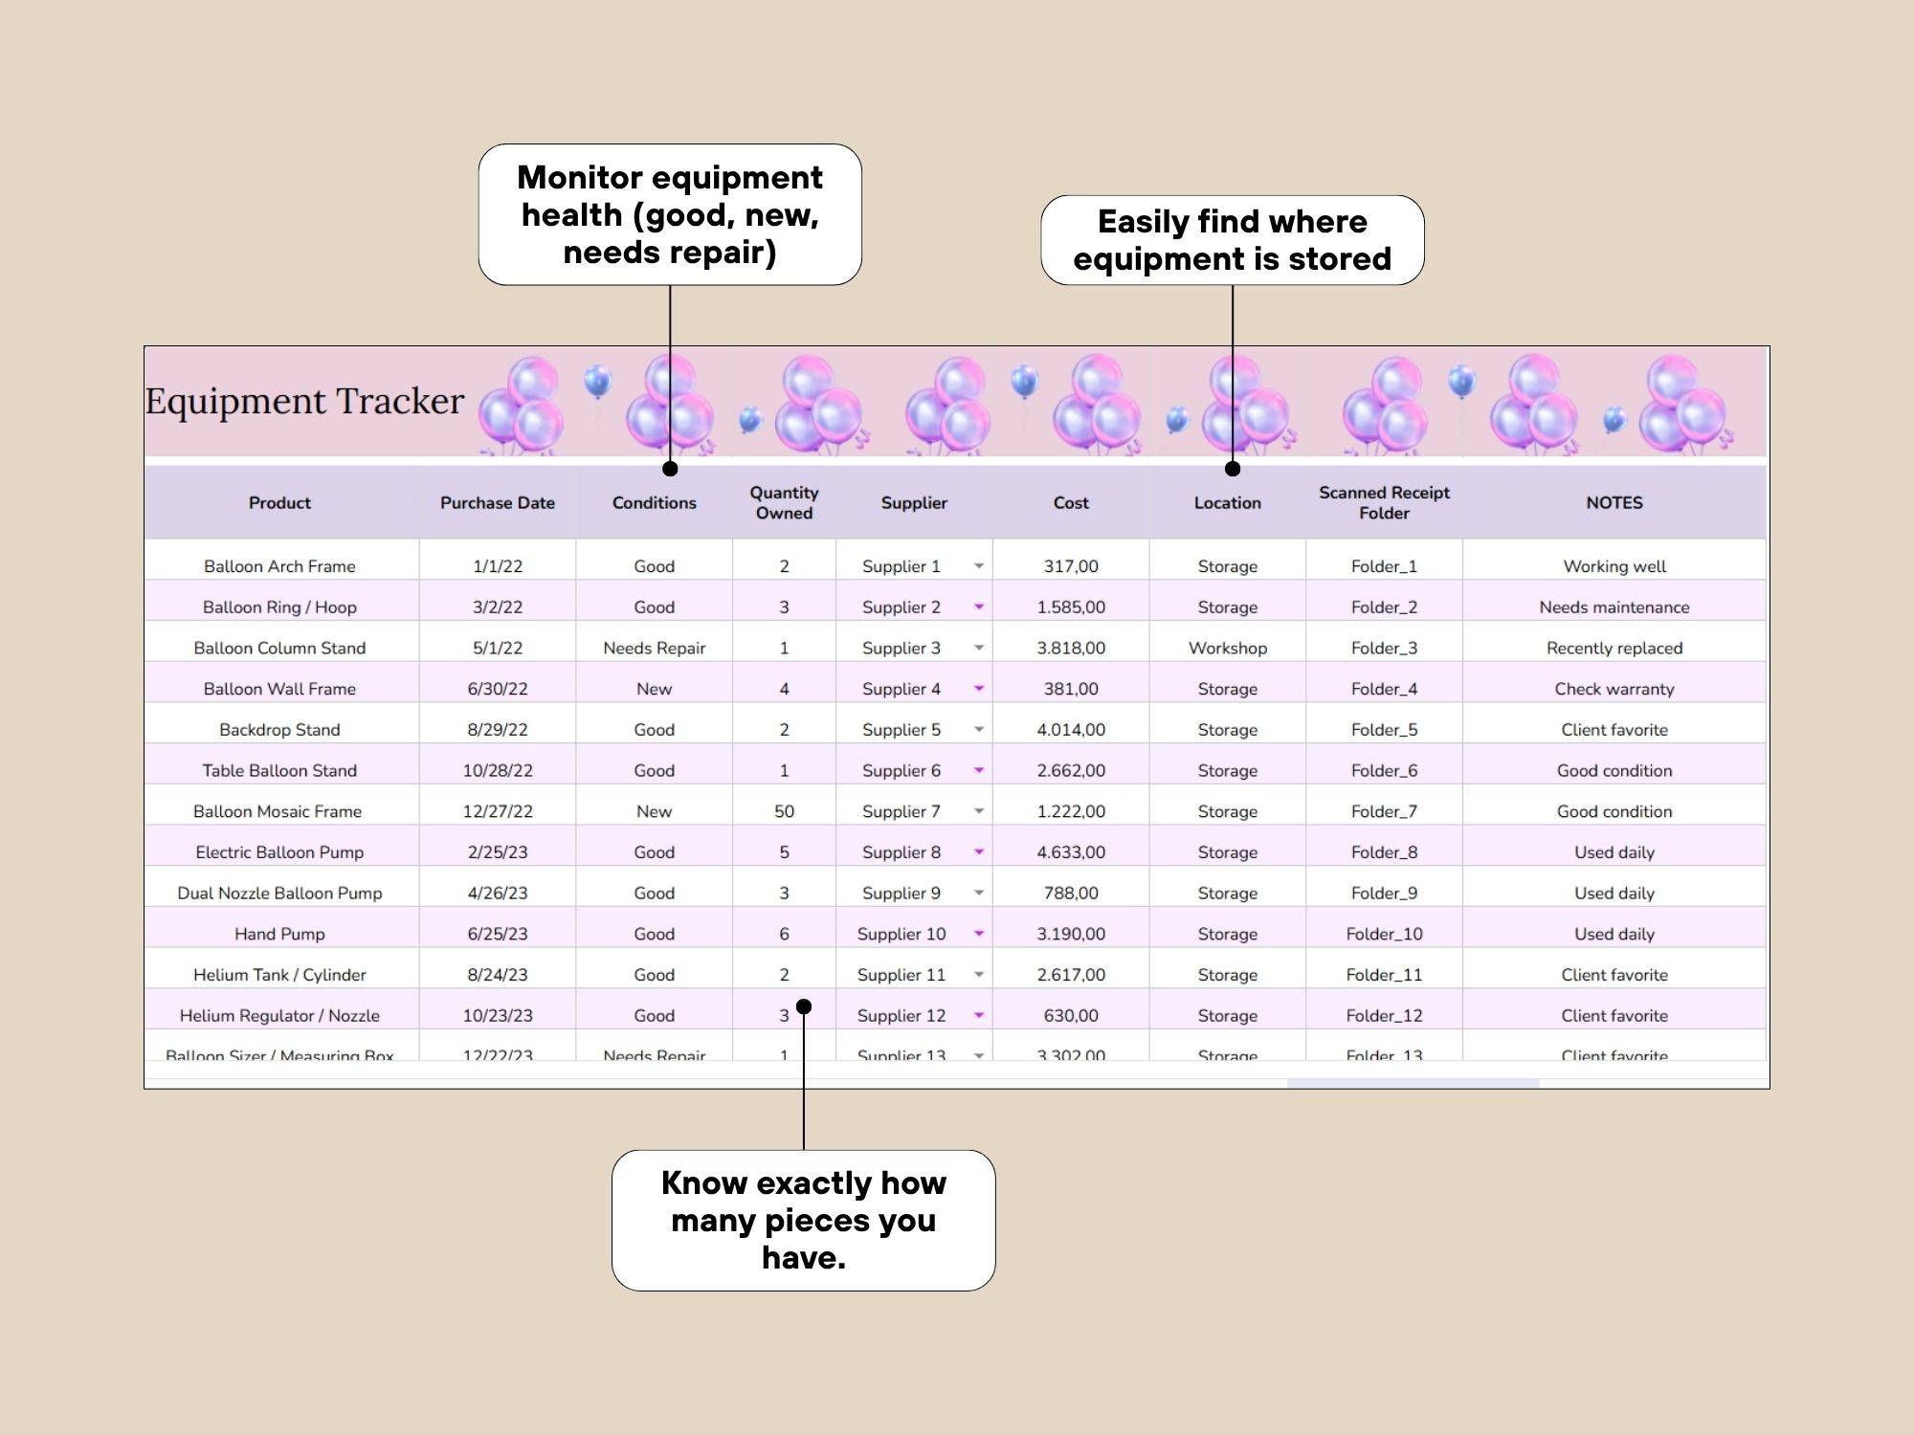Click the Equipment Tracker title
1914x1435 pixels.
[x=304, y=401]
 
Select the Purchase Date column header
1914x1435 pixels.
[x=497, y=502]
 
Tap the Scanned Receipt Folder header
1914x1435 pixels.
[x=1384, y=502]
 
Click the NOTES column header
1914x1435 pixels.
[x=1614, y=502]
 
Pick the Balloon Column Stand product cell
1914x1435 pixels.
[x=279, y=648]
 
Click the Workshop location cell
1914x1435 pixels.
[x=1227, y=648]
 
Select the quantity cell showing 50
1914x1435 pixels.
[x=784, y=811]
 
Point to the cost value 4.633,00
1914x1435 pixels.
[x=1071, y=852]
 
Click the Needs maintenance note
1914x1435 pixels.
[x=1614, y=607]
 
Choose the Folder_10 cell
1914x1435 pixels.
[x=1384, y=934]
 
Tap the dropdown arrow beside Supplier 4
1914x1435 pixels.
[x=979, y=689]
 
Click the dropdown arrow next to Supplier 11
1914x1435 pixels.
[x=979, y=975]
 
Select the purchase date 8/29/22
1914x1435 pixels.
[x=497, y=730]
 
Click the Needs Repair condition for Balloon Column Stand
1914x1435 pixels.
[x=654, y=648]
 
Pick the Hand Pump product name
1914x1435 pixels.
[x=279, y=934]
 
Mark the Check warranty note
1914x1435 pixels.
[x=1614, y=689]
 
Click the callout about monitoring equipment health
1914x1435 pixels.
[x=670, y=214]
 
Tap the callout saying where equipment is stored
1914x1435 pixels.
[x=1232, y=240]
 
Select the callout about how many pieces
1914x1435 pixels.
[x=803, y=1220]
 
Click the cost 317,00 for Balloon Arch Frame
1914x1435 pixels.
[x=1071, y=566]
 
